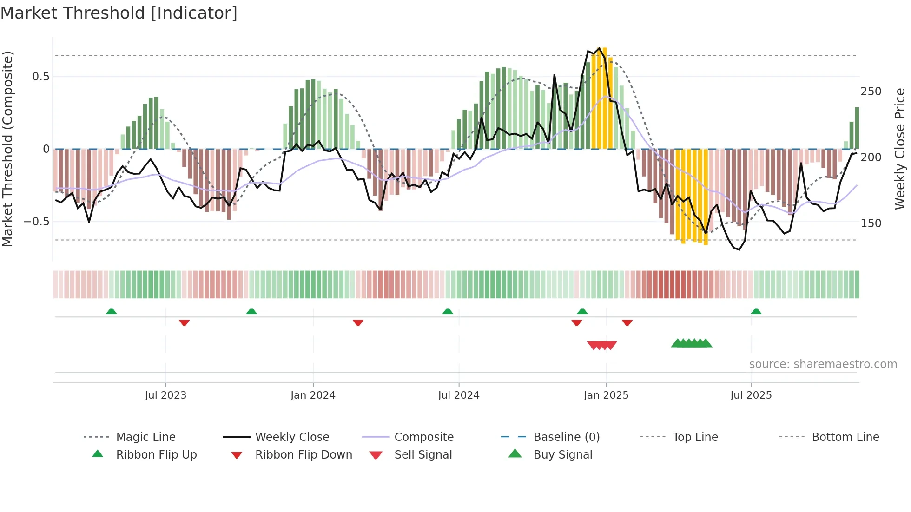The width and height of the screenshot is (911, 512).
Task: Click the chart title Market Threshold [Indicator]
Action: click(119, 13)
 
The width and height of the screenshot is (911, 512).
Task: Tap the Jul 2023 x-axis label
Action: click(165, 395)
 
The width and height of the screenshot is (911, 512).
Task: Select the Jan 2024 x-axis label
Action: click(313, 395)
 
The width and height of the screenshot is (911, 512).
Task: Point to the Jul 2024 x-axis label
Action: click(459, 395)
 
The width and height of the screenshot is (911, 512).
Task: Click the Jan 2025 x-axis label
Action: click(606, 395)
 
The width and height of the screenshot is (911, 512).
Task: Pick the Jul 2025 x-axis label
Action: click(751, 395)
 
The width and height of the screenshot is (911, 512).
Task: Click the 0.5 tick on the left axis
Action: click(41, 77)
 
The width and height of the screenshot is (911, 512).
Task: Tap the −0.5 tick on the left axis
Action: click(37, 222)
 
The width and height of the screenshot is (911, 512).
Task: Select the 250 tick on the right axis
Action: click(871, 92)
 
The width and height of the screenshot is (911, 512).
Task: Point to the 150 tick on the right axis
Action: click(871, 223)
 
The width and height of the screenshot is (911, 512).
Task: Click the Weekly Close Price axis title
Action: click(900, 149)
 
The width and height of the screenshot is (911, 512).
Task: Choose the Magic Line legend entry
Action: click(145, 437)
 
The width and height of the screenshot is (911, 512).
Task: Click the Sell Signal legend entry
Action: click(423, 455)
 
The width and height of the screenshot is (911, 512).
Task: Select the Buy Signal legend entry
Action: click(562, 455)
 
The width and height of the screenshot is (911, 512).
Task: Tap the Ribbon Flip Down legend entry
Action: click(304, 455)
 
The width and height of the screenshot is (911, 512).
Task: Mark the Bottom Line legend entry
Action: click(845, 437)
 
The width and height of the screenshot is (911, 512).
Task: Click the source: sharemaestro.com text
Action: click(823, 364)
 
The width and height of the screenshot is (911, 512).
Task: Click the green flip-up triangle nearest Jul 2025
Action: click(756, 311)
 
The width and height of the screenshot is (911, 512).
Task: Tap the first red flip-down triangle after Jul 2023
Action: click(184, 322)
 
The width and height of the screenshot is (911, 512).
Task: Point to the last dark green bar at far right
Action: click(857, 128)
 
